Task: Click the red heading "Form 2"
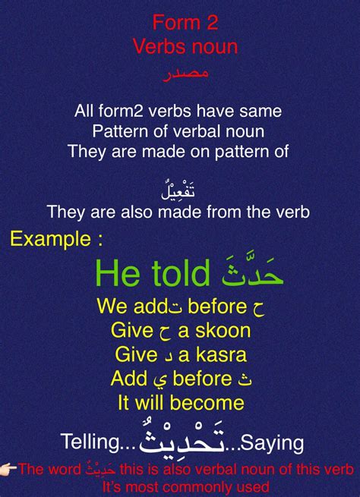point(185,23)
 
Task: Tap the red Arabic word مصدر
point(186,74)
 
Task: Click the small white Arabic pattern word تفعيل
point(178,190)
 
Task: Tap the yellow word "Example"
point(50,239)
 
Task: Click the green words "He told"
point(153,273)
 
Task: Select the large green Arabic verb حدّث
point(252,272)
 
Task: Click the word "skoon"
point(223,331)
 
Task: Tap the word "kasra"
point(221,354)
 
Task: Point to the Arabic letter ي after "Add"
point(153,379)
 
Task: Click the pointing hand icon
point(8,468)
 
